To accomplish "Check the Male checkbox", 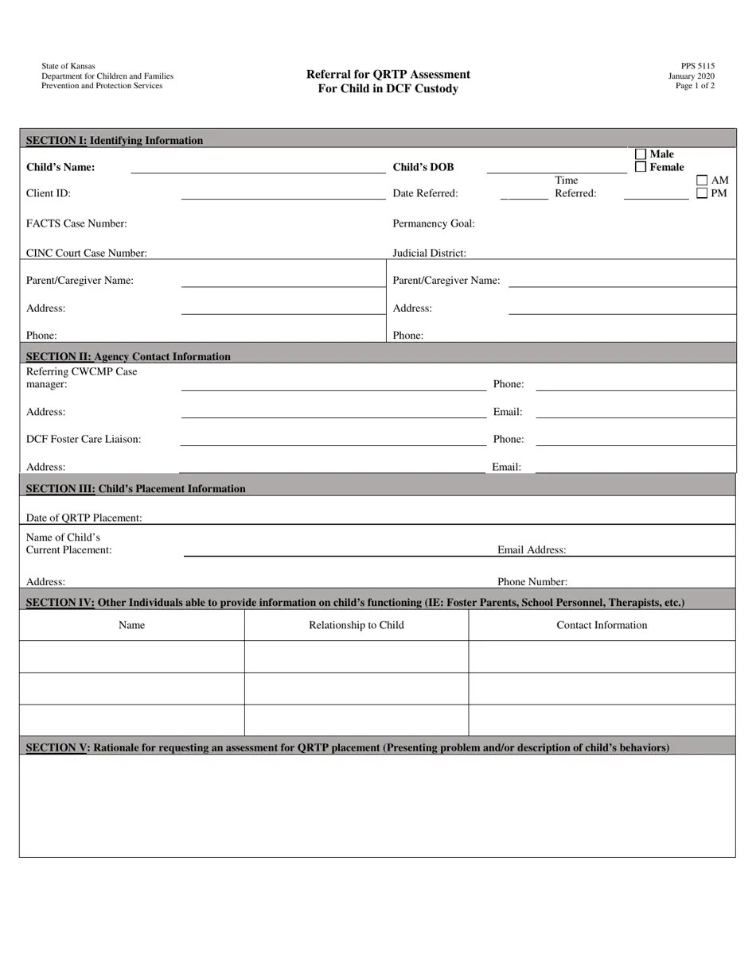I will click(641, 154).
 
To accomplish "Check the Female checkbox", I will click(641, 167).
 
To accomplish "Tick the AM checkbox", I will click(702, 180).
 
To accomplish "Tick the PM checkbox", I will click(702, 193).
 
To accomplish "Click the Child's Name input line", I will click(257, 168).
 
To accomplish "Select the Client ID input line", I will click(283, 194).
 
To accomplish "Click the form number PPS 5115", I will click(697, 67).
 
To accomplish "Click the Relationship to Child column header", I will click(356, 625).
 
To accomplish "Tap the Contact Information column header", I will click(602, 625).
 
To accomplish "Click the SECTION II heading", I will click(128, 356).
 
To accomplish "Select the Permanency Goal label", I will click(434, 223).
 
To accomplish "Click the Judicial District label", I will click(429, 253).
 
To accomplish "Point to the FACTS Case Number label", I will click(76, 223).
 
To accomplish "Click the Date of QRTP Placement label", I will click(84, 518).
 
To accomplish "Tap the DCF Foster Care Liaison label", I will click(84, 439).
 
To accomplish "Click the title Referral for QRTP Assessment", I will click(388, 75).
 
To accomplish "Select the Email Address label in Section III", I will click(532, 549).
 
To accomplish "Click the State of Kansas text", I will click(68, 67).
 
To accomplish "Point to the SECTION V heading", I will click(347, 747).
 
